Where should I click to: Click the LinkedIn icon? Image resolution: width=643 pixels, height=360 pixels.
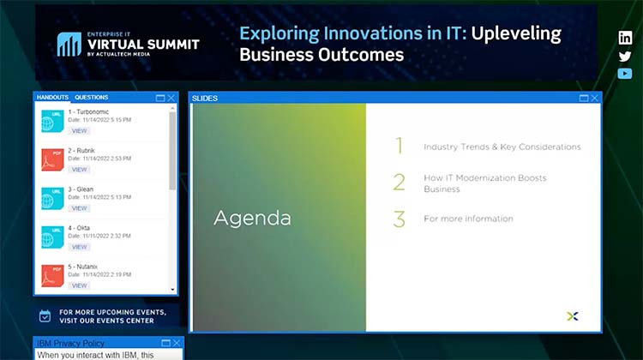[625, 38]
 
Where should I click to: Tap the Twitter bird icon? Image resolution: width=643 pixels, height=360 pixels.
[625, 56]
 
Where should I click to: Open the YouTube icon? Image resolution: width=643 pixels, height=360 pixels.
[625, 74]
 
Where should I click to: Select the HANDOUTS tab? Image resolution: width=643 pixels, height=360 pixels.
[53, 98]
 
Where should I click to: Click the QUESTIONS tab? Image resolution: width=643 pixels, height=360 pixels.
[92, 98]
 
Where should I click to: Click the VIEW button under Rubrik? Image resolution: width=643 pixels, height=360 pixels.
[80, 170]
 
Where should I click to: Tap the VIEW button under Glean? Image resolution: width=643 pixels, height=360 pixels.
[80, 208]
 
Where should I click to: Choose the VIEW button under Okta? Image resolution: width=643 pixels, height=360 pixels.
[80, 247]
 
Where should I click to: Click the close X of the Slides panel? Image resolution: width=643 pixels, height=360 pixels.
[595, 99]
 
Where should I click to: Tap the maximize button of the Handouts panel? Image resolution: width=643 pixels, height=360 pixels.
[160, 98]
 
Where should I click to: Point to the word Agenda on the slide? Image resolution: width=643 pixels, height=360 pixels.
[252, 219]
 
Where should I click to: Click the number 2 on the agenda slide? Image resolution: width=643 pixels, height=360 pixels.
[399, 183]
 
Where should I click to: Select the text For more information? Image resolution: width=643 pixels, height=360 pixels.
[468, 219]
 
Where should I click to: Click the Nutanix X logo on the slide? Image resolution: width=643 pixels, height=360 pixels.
[573, 316]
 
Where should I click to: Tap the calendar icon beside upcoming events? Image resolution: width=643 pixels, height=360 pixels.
[46, 315]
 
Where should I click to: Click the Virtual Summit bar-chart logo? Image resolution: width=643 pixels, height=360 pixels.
[69, 45]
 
